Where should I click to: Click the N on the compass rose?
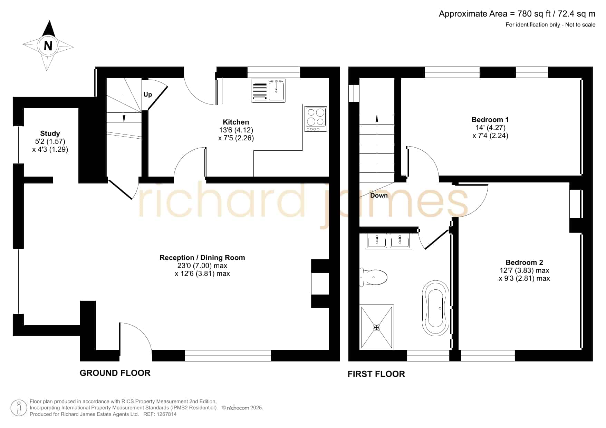[48, 46]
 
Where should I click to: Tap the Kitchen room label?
[236, 122]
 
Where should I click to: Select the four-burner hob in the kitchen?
[316, 119]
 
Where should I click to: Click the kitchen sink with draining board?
[269, 91]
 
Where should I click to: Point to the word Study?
[50, 133]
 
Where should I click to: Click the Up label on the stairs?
[148, 94]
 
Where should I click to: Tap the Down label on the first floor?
[379, 196]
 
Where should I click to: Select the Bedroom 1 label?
[490, 120]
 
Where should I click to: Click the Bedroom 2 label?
[524, 262]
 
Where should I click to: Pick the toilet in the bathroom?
[373, 277]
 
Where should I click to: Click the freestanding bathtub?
[436, 308]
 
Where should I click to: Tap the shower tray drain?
[377, 327]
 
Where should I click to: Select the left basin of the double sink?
[377, 241]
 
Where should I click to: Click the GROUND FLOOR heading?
[115, 373]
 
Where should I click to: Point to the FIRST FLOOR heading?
[376, 374]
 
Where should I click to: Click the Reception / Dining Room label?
[202, 258]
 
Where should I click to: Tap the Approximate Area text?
[517, 14]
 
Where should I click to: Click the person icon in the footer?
[19, 408]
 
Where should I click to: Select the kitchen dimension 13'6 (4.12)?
[236, 130]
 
